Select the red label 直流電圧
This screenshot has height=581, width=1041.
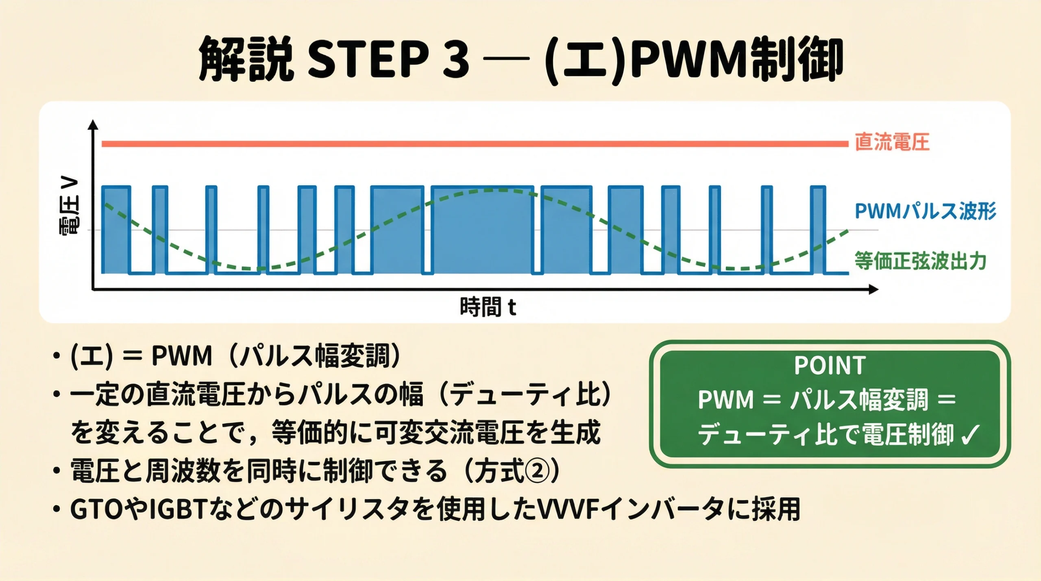tap(892, 142)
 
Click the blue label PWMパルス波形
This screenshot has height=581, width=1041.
tap(926, 211)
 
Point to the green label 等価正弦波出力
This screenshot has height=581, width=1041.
tap(920, 261)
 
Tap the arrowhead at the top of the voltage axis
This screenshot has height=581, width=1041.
tap(94, 124)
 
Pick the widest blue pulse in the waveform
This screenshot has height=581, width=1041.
tap(482, 230)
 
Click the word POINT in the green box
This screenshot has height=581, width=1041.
tap(830, 366)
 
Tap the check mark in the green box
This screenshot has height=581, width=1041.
tap(971, 435)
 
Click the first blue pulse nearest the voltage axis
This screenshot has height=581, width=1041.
tap(116, 230)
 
